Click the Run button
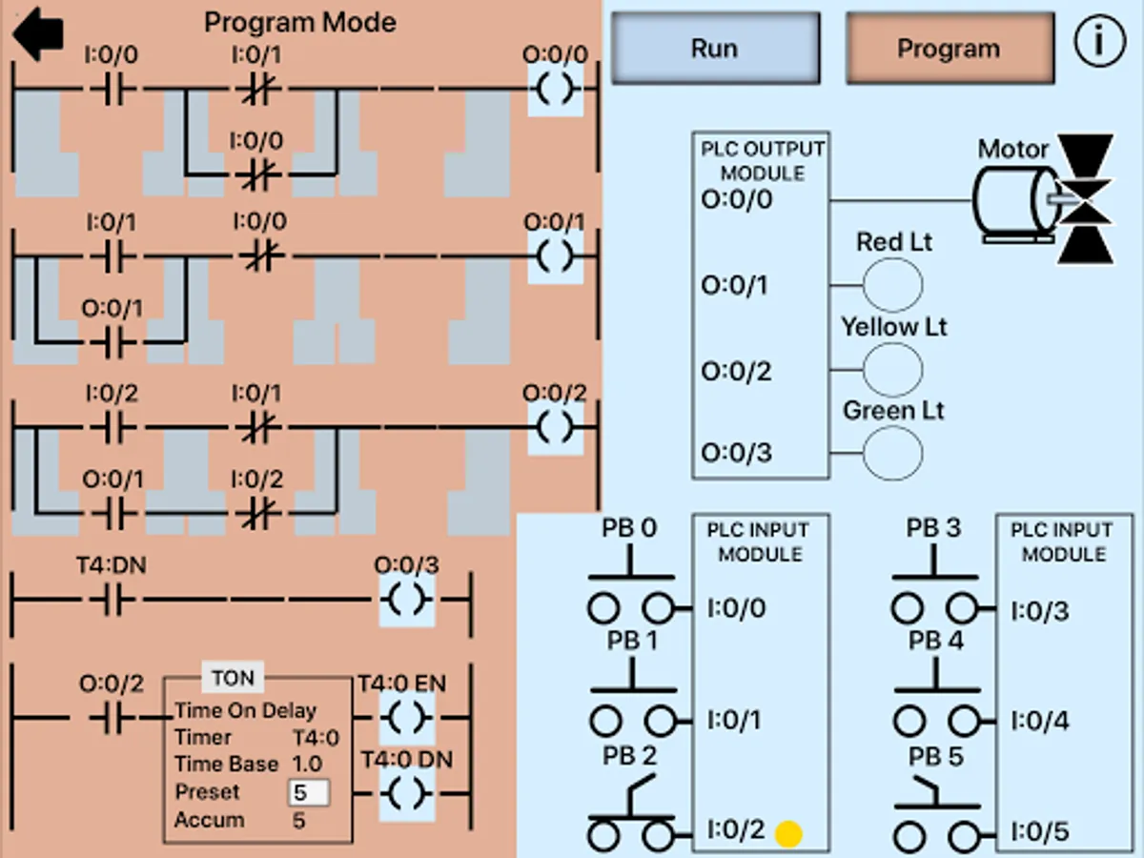714,48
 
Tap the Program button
950,48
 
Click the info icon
1099,43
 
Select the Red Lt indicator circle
892,284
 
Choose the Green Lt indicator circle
892,452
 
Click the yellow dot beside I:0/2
788,833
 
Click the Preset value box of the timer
309,792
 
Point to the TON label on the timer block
233,678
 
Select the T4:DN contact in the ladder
112,601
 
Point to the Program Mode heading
300,22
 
